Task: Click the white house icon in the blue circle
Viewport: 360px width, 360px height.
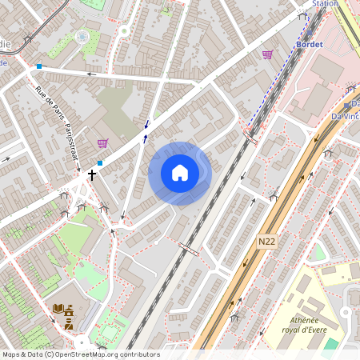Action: (x=180, y=173)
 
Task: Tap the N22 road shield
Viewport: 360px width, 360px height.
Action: (x=267, y=239)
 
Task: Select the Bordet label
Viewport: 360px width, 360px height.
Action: (x=309, y=44)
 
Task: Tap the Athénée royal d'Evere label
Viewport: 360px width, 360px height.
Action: (x=305, y=324)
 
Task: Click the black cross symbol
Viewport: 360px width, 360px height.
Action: (x=92, y=174)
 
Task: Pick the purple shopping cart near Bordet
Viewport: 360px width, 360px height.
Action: (x=267, y=54)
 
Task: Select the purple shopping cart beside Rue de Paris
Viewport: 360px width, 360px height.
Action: (x=102, y=144)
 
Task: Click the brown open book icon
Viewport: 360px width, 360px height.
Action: (x=58, y=309)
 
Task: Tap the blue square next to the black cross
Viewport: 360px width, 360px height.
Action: (x=100, y=163)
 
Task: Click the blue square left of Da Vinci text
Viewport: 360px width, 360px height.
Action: (x=346, y=105)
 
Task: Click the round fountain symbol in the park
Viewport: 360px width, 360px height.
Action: (x=82, y=36)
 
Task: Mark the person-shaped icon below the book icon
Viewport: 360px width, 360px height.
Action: (x=69, y=324)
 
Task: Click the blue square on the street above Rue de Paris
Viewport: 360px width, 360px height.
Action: (x=38, y=66)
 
